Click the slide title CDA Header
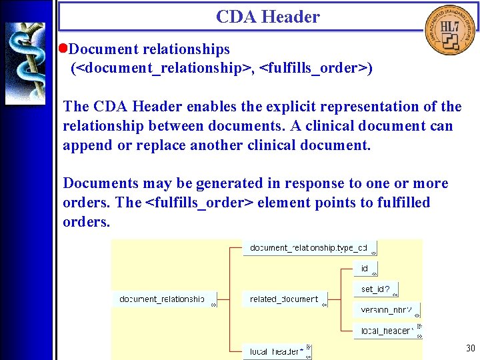pos(268,17)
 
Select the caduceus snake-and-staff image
pos(25,63)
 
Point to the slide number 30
pos(471,349)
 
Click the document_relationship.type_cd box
pos(309,248)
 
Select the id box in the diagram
pos(365,268)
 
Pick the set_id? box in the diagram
pos(375,289)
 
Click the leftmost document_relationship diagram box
pos(163,299)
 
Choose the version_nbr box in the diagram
pos(386,310)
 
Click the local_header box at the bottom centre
pos(277,351)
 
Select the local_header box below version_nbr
pos(387,331)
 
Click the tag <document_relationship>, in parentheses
pos(163,68)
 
